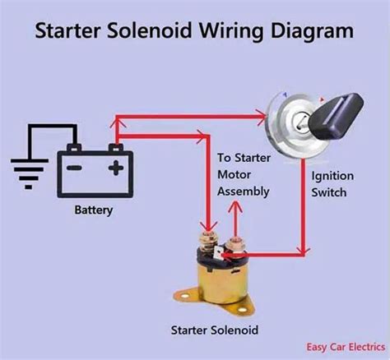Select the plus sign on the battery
pos(116,168)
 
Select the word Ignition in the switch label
pos(332,176)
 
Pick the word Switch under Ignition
pos(330,192)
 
